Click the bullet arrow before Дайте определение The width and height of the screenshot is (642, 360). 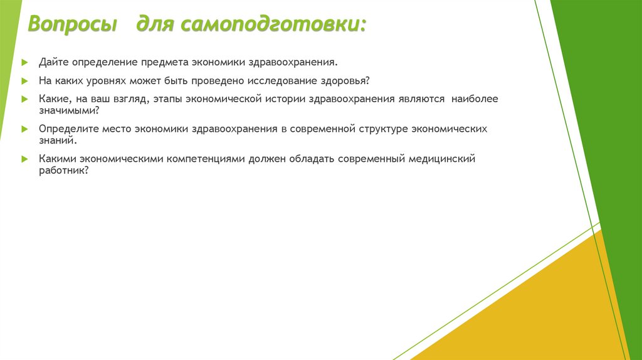click(x=24, y=63)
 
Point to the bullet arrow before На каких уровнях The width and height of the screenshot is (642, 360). click(x=24, y=82)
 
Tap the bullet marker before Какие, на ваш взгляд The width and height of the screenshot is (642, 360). click(x=24, y=100)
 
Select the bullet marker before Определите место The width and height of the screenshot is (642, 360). click(x=24, y=129)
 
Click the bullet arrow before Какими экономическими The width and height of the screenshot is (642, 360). click(x=24, y=159)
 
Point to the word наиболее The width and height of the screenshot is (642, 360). click(x=474, y=99)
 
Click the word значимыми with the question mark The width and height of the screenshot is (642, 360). click(x=68, y=110)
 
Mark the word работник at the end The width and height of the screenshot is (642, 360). click(x=63, y=170)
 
